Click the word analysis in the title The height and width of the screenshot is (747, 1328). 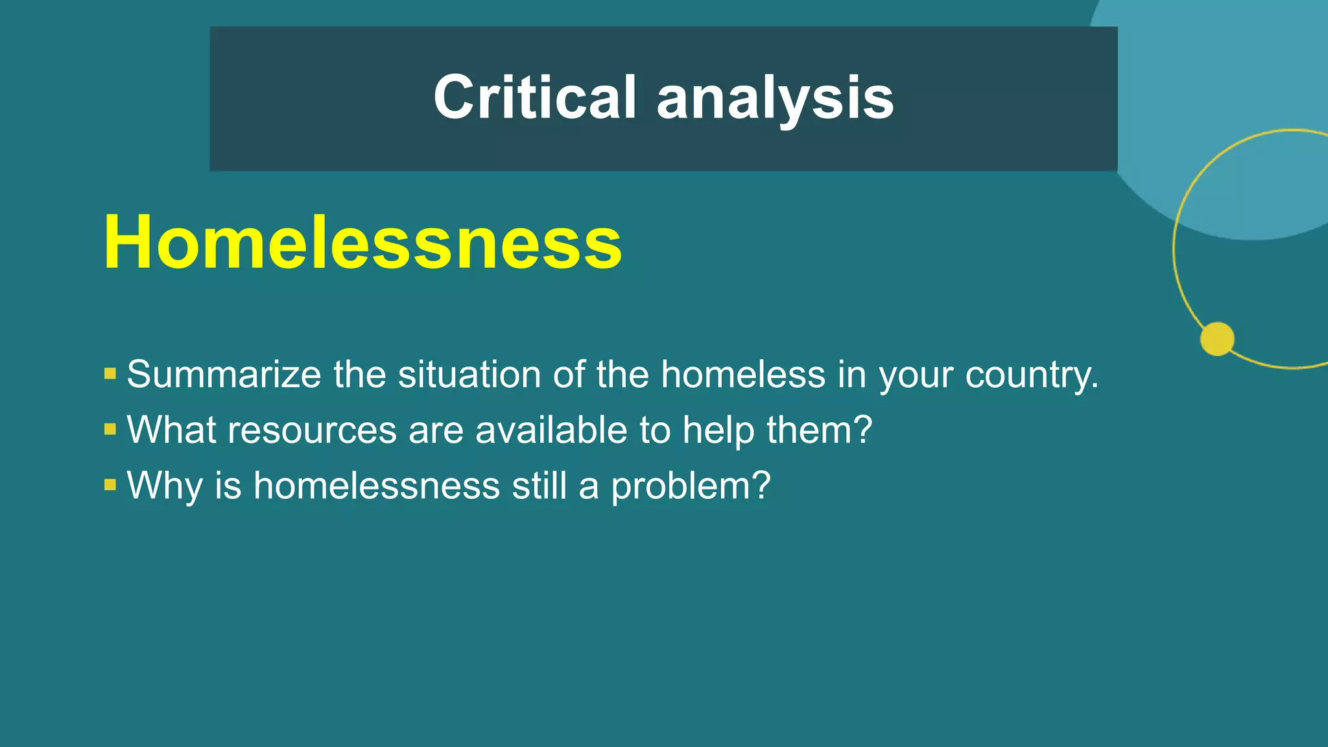(x=776, y=99)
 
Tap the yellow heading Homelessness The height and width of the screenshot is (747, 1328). (x=362, y=242)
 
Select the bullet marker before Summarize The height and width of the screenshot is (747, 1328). (x=110, y=373)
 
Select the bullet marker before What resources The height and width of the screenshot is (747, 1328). (x=110, y=429)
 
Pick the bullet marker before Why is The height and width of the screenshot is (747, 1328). (x=110, y=484)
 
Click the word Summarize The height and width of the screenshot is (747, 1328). (x=224, y=374)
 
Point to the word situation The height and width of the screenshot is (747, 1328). (x=469, y=374)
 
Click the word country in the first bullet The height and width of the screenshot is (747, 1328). (x=1031, y=375)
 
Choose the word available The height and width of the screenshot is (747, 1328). (x=552, y=429)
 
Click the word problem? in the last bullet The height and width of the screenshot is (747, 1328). (x=691, y=486)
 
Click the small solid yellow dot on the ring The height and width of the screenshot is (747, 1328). (x=1217, y=338)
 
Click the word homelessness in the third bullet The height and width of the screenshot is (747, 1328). (x=377, y=485)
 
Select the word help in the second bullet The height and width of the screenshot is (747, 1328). (x=718, y=430)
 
